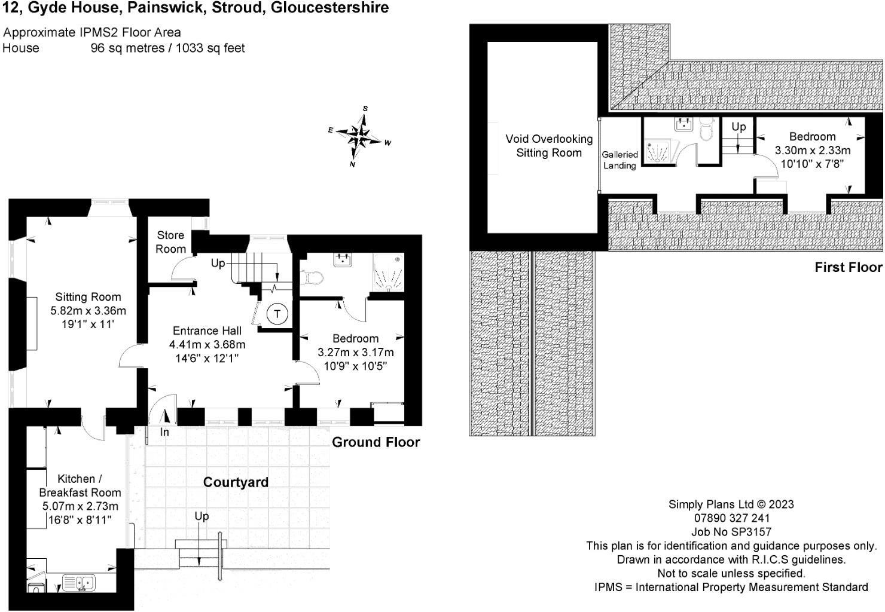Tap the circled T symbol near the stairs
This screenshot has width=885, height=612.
[277, 314]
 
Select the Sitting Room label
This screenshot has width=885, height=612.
[88, 297]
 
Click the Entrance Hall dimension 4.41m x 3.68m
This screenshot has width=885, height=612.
[207, 345]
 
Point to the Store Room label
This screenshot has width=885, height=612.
[170, 242]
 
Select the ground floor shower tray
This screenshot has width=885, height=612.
[389, 273]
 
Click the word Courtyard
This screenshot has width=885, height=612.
[236, 482]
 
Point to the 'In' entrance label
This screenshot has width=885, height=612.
[164, 432]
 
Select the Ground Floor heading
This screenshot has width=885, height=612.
[376, 442]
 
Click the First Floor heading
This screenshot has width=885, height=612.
[848, 267]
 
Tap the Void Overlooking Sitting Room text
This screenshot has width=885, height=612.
[548, 146]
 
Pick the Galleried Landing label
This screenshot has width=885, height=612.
[619, 160]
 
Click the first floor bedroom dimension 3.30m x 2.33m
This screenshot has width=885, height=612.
[812, 151]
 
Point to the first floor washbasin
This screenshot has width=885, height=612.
[683, 124]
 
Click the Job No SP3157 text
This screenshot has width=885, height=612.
[731, 532]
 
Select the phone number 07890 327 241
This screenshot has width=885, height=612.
[731, 518]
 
